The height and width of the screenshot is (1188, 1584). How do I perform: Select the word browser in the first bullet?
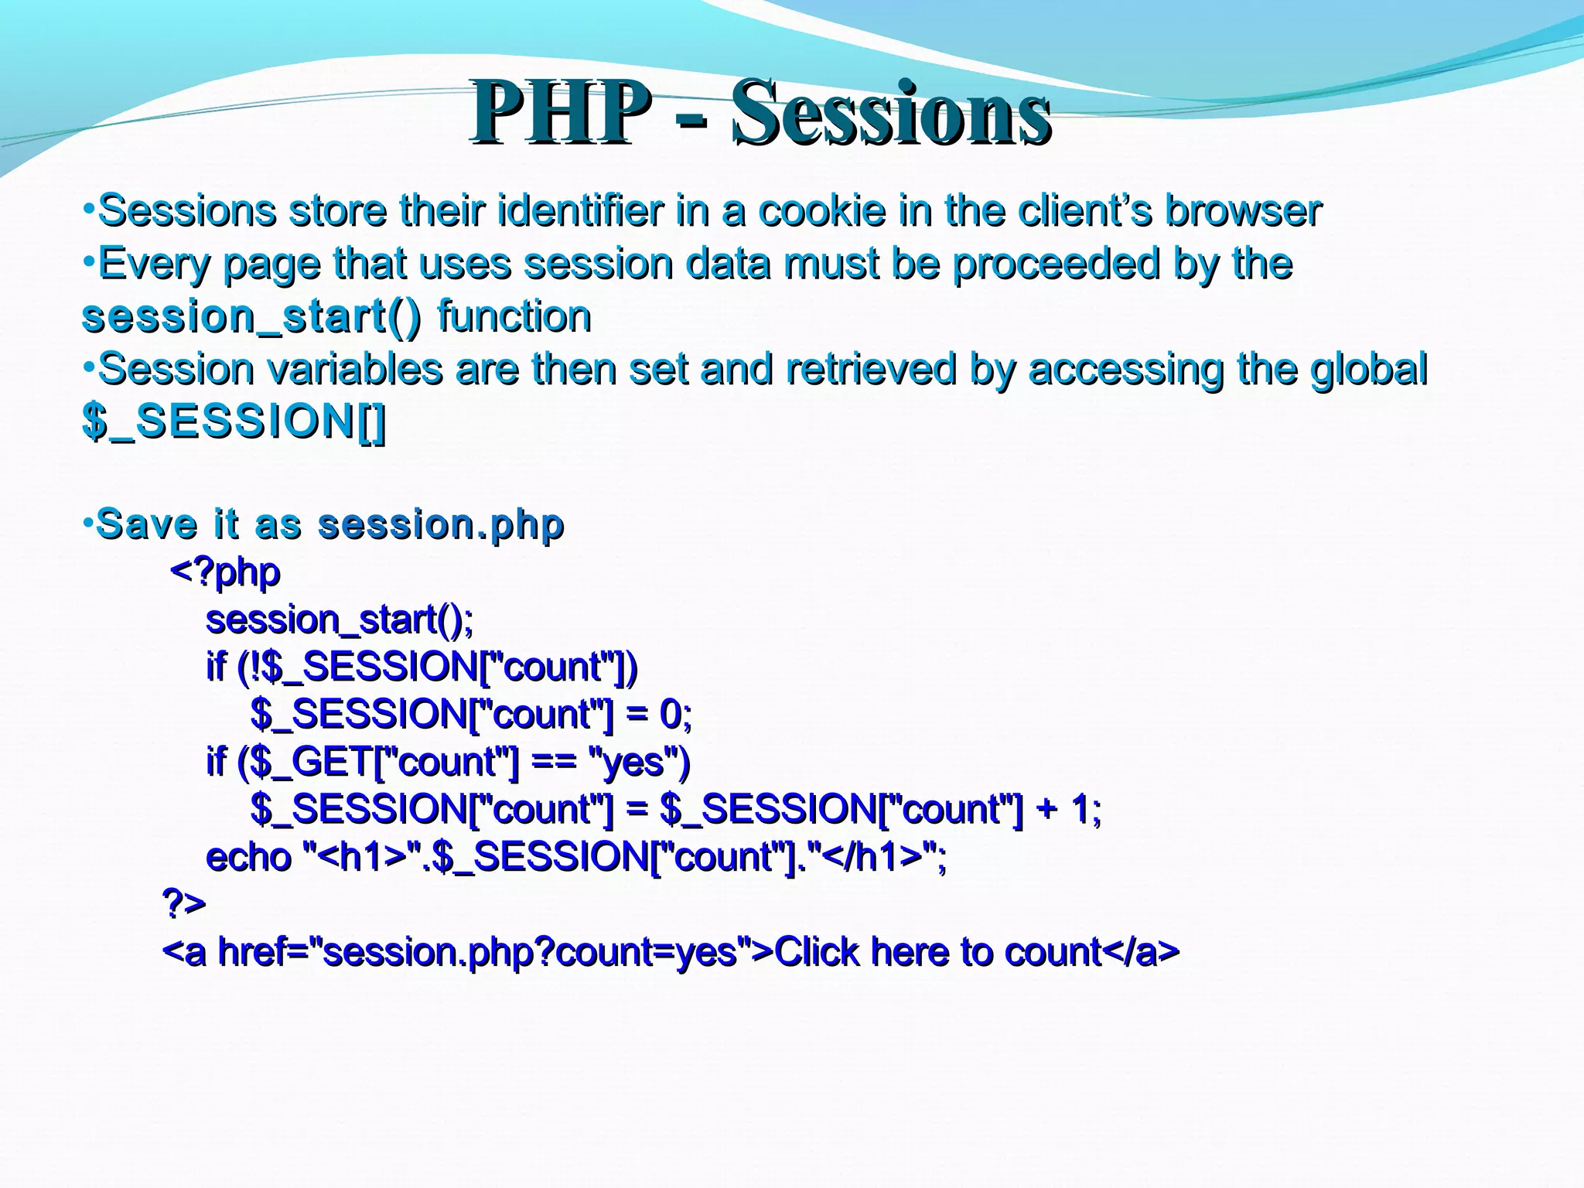click(x=1243, y=211)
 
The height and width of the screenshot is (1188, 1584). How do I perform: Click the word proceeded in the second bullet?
click(x=1057, y=265)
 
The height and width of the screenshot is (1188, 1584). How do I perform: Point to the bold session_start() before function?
click(x=252, y=317)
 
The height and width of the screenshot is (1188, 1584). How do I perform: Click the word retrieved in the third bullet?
click(x=871, y=370)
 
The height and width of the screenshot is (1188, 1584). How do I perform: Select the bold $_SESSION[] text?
click(x=234, y=422)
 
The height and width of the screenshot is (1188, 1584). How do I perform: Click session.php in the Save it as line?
click(x=441, y=525)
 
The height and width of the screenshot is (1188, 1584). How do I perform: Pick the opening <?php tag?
click(x=224, y=573)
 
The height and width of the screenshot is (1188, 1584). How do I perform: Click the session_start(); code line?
click(x=339, y=620)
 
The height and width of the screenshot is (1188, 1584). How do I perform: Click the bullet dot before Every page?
click(x=89, y=261)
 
